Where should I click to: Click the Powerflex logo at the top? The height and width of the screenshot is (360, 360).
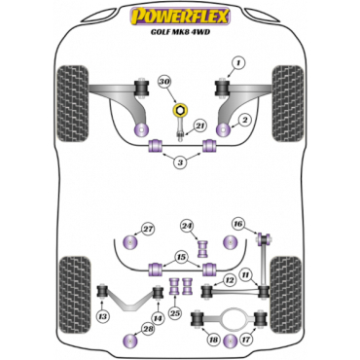coord(180,15)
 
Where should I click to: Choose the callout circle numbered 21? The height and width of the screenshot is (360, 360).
coord(199,125)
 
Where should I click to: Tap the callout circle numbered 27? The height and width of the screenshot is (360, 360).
coord(148,229)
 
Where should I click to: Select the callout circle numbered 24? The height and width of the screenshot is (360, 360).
coord(186,229)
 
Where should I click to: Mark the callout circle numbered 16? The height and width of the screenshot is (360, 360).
coord(238,224)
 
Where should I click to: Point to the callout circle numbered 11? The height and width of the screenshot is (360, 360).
coord(247,275)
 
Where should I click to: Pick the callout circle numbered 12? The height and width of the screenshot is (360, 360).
coord(229,281)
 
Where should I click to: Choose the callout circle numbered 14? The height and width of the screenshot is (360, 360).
coord(158,318)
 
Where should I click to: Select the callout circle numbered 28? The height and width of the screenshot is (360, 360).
coord(148,330)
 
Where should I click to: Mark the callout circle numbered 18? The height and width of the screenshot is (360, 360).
coord(212,341)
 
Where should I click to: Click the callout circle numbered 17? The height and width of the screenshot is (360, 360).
coord(245,341)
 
